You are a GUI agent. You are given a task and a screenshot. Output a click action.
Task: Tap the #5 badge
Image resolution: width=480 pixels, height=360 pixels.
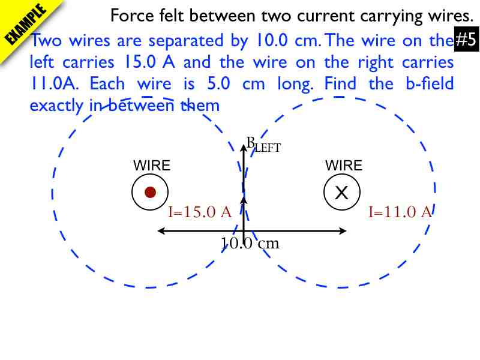click(466, 41)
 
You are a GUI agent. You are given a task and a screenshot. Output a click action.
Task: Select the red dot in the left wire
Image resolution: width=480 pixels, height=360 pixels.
click(151, 192)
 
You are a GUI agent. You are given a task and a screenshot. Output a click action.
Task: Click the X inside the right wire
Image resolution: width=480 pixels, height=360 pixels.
click(341, 193)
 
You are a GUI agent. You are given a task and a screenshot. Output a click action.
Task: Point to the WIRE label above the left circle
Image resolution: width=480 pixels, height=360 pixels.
click(151, 166)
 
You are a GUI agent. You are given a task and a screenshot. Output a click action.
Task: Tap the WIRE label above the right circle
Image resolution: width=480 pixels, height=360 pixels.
click(344, 166)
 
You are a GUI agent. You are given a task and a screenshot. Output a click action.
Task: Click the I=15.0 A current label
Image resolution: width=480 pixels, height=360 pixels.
click(200, 212)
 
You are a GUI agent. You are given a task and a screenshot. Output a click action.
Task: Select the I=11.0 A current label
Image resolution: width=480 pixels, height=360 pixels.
click(400, 212)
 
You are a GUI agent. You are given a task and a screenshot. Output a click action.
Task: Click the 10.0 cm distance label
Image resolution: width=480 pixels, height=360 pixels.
click(250, 244)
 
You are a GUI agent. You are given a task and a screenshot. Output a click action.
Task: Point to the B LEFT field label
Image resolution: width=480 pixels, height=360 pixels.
click(263, 144)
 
